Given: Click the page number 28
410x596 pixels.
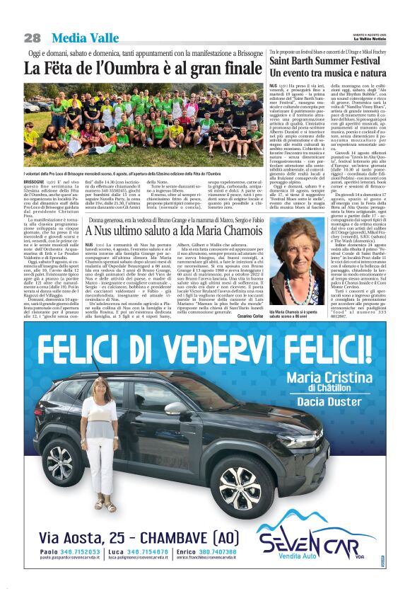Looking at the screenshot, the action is [x=31, y=38].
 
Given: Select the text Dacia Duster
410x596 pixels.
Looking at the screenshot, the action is [x=328, y=401].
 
